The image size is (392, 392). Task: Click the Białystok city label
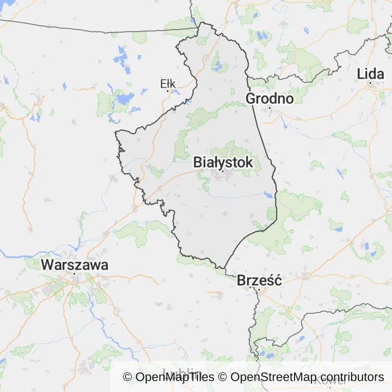pyautogui.click(x=223, y=162)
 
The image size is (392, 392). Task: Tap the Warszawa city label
pyautogui.click(x=75, y=265)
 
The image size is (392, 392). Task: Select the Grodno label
pyautogui.click(x=269, y=98)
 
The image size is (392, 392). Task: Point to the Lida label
pyautogui.click(x=370, y=74)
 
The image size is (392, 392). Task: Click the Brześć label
pyautogui.click(x=259, y=280)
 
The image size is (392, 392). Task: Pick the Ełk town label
pyautogui.click(x=167, y=83)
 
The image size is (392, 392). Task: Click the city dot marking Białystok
pyautogui.click(x=223, y=171)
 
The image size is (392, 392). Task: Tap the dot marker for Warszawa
pyautogui.click(x=75, y=274)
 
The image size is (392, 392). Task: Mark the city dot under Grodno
pyautogui.click(x=269, y=107)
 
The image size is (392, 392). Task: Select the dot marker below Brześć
pyautogui.click(x=259, y=289)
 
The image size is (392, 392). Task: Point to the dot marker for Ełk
pyautogui.click(x=167, y=91)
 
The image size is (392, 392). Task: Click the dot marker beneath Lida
pyautogui.click(x=370, y=83)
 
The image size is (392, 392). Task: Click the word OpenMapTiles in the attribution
pyautogui.click(x=175, y=377)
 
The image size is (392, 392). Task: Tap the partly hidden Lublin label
pyautogui.click(x=181, y=372)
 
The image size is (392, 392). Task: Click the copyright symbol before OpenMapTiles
pyautogui.click(x=128, y=377)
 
